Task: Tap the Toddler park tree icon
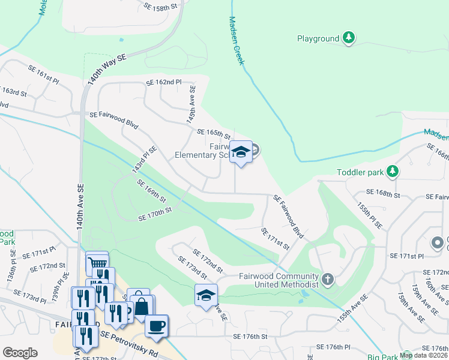[393, 172]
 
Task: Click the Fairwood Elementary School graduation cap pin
[241, 153]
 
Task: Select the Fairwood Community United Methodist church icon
[327, 279]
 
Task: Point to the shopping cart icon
[97, 262]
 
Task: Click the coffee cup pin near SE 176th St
[157, 326]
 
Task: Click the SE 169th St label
[151, 191]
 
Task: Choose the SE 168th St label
[384, 194]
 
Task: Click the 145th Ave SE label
[191, 104]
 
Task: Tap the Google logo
[20, 353]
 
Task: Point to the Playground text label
[318, 39]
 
